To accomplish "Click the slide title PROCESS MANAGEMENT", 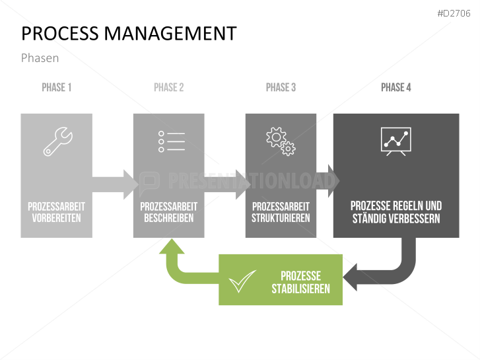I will click(129, 34).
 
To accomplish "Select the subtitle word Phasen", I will click(40, 58).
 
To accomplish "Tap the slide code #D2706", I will click(454, 13).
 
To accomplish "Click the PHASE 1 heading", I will click(57, 87).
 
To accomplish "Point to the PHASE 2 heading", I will click(168, 87).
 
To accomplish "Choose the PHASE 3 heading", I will click(281, 87).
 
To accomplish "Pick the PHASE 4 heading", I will click(395, 87).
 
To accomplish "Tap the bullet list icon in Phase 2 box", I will click(171, 141).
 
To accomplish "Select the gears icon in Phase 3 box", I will click(281, 141).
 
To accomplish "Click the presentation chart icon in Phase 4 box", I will click(395, 141).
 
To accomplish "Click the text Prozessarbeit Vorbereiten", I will click(56, 212).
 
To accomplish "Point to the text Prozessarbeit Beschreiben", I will click(168, 212).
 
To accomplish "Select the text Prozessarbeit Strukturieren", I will click(281, 212).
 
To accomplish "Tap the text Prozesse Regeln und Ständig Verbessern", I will click(395, 212).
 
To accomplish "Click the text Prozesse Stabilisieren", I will click(300, 282).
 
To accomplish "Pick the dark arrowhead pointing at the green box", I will click(353, 277).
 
